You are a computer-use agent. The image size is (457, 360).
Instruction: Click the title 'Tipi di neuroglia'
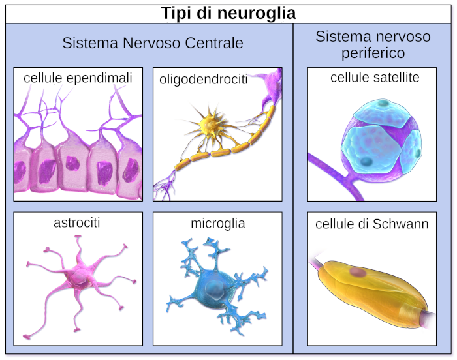pos(228,12)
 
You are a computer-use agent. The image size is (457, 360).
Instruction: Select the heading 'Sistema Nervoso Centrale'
pos(153,43)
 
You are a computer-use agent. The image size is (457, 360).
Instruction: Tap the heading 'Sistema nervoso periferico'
pos(373,44)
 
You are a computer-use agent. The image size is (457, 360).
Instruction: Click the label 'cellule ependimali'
pos(78,78)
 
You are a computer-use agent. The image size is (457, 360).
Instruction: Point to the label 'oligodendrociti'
pos(203,80)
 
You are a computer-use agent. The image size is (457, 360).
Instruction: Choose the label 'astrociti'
pos(77,223)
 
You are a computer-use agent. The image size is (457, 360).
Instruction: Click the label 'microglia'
pos(218,224)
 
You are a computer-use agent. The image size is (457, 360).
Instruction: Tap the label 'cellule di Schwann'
pos(372,224)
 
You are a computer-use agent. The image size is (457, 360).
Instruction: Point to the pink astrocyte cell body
pos(79,279)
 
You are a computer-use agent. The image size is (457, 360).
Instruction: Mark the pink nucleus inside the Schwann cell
pos(357,271)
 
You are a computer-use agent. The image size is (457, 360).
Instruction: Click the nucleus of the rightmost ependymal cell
pos(131,170)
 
